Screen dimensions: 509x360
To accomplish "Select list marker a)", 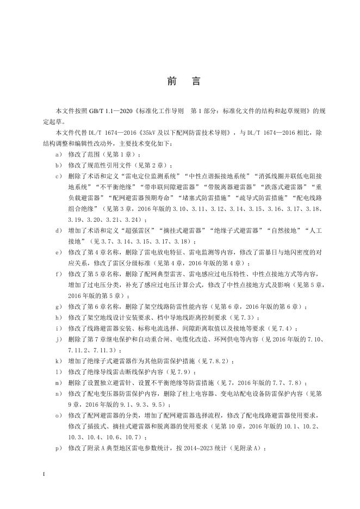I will pyautogui.click(x=58, y=155).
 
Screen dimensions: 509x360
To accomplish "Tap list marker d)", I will pyautogui.click(x=58, y=231).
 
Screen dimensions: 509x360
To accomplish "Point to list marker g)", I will pyautogui.click(x=58, y=307).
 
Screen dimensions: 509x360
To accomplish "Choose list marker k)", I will pyautogui.click(x=58, y=361).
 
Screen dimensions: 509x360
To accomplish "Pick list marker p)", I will pyautogui.click(x=58, y=448).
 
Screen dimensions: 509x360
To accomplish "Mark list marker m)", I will pyautogui.click(x=58, y=383).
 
